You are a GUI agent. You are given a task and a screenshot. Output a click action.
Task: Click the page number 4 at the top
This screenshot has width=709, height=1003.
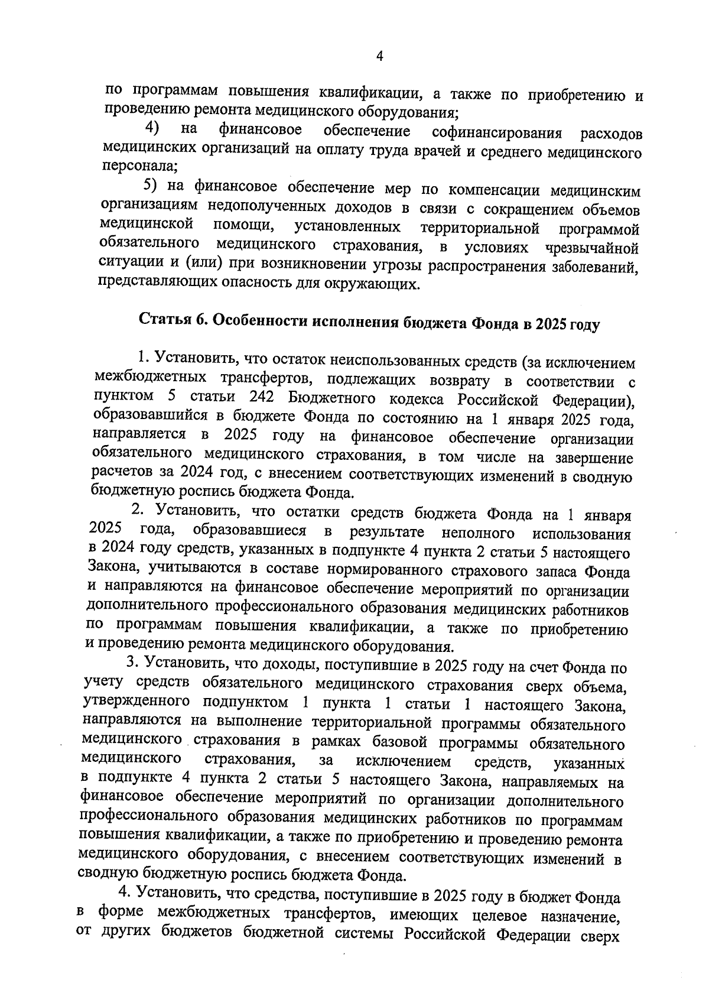point(380,56)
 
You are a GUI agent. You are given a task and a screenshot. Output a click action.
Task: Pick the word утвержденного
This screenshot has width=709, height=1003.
point(136,703)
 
